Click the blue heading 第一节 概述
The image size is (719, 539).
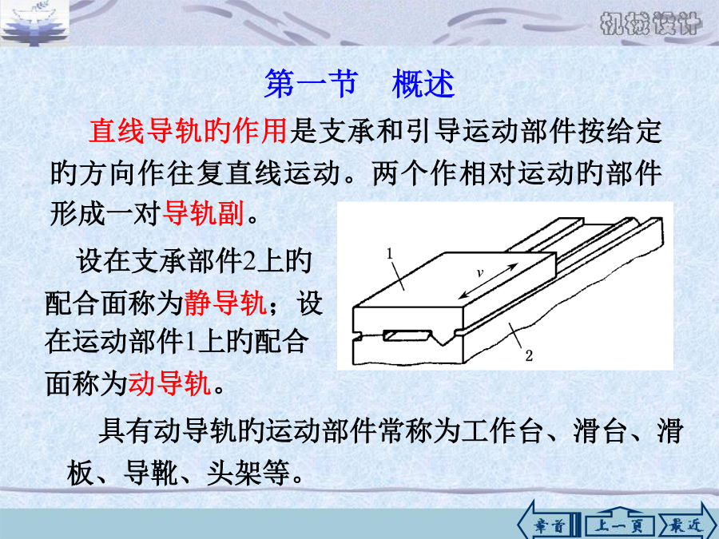pyautogui.click(x=359, y=84)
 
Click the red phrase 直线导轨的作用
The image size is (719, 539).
pyautogui.click(x=188, y=131)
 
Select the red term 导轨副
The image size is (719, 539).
pyautogui.click(x=203, y=213)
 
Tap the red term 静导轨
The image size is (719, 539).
pyautogui.click(x=225, y=303)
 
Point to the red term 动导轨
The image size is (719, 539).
pyautogui.click(x=169, y=383)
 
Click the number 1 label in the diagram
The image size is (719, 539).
pyautogui.click(x=390, y=253)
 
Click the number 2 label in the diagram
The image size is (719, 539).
pyautogui.click(x=529, y=355)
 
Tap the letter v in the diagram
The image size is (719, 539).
pyautogui.click(x=479, y=273)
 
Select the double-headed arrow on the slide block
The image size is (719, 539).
pyautogui.click(x=489, y=281)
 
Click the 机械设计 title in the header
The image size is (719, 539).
pyautogui.click(x=650, y=23)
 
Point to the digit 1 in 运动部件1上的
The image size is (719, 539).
pyautogui.click(x=191, y=343)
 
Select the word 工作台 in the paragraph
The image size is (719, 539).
pyautogui.click(x=503, y=431)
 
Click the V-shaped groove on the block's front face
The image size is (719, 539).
pyautogui.click(x=443, y=339)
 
